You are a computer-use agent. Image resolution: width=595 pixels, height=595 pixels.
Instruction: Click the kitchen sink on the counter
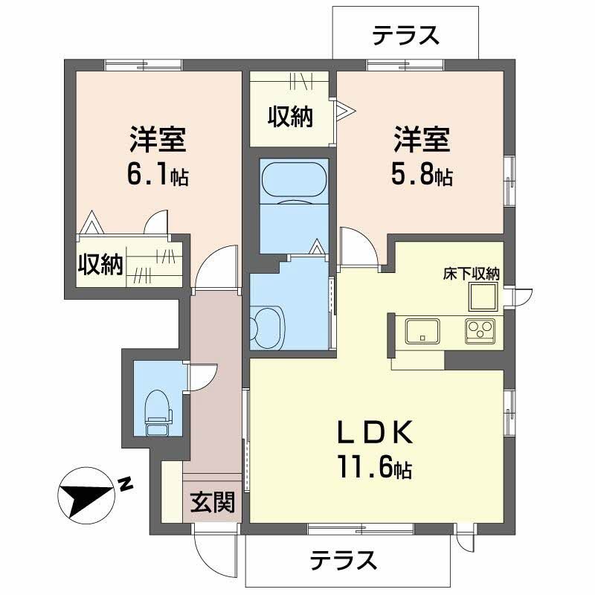click(422, 329)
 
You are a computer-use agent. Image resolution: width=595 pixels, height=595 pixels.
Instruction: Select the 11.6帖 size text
click(373, 469)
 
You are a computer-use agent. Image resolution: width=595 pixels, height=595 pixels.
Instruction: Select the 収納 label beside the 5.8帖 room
click(290, 117)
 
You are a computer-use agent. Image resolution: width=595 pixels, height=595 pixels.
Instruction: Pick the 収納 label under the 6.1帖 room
click(100, 265)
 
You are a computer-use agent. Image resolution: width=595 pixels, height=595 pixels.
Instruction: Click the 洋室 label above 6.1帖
click(157, 139)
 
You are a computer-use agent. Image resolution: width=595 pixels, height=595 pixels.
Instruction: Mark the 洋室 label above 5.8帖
click(421, 139)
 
